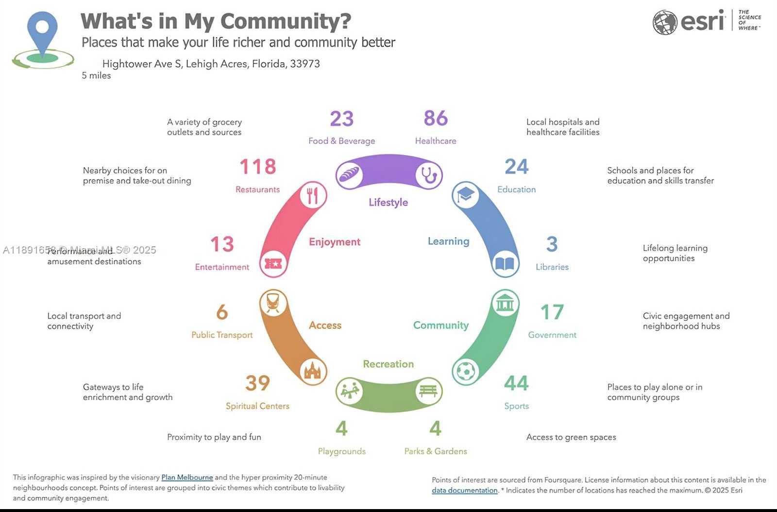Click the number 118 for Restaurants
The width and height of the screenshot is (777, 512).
pos(257,167)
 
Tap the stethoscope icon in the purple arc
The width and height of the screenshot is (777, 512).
pos(429,175)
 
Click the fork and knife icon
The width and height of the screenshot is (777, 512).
pos(313,195)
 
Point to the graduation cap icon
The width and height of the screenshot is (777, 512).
pos(465,195)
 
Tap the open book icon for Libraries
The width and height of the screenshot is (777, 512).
pos(505,264)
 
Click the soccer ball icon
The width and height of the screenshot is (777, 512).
pos(466,372)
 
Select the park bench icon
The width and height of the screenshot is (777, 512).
pos(428,391)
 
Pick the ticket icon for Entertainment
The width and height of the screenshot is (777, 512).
pos(273,264)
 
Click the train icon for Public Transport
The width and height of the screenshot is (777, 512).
pos(273,303)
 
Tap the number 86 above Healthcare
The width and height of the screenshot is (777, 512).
pos(436,118)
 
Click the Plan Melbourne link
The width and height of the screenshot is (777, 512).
pos(187,478)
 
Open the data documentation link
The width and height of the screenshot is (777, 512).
pos(465,491)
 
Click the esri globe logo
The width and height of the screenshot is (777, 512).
pos(665,22)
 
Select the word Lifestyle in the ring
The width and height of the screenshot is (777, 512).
pos(388,203)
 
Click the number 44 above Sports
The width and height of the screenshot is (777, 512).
pos(516,383)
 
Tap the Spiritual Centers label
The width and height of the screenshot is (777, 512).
pos(257,406)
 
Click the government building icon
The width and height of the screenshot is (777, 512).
pos(505,303)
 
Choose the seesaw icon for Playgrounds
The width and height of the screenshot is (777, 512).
pos(350,391)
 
